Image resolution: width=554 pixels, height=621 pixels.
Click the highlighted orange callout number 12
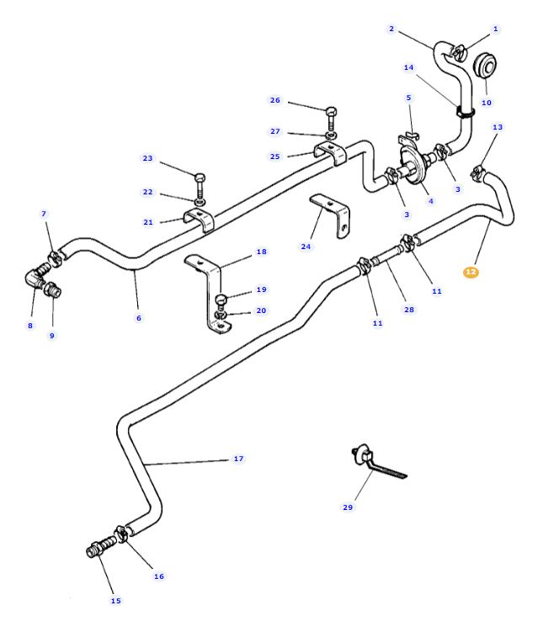point(471,272)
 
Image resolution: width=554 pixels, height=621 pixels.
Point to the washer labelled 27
point(331,135)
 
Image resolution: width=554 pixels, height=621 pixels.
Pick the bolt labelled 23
point(200,178)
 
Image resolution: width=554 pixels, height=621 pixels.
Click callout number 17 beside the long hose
point(238,459)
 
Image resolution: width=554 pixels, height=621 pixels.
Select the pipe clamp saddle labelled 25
point(331,155)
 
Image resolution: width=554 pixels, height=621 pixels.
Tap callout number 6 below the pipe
point(139,318)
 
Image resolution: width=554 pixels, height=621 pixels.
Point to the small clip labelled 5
point(410,134)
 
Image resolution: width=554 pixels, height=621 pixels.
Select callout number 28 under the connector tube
point(409,310)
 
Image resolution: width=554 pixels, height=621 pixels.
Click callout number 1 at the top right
point(496,29)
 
